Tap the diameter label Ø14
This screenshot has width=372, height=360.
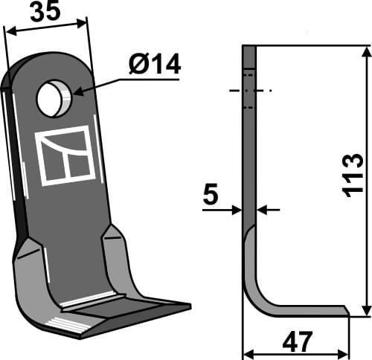(154, 65)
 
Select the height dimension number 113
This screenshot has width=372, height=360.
(353, 176)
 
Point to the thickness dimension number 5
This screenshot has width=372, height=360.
(210, 196)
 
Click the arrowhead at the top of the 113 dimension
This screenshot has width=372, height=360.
(365, 51)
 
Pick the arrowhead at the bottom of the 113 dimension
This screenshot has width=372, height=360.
(365, 310)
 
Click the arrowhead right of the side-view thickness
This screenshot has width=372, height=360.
(260, 210)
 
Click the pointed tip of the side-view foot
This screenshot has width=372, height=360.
(347, 310)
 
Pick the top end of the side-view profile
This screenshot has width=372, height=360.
(249, 48)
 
